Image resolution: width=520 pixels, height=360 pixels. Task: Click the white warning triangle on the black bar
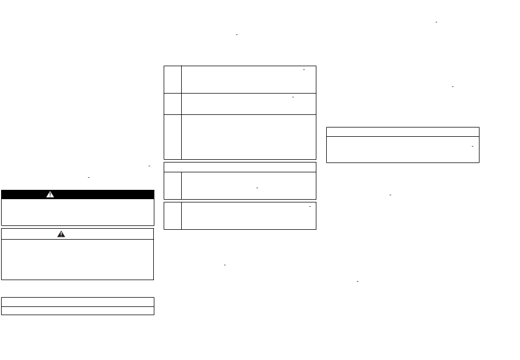(x=50, y=194)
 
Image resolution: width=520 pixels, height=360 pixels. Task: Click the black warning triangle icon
(x=61, y=234)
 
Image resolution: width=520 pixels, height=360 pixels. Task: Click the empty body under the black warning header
(x=77, y=212)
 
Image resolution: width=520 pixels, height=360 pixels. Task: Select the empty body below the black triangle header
(x=77, y=259)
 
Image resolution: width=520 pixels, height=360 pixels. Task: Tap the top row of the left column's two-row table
(x=77, y=301)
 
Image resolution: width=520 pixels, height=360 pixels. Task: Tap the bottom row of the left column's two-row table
(x=77, y=310)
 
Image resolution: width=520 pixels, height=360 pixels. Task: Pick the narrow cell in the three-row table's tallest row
(x=172, y=137)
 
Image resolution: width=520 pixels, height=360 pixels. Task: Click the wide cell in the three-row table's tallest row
(x=249, y=137)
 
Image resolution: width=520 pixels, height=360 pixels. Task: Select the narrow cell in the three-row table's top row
(x=172, y=79)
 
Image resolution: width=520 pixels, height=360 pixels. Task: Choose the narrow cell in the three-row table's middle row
(x=172, y=103)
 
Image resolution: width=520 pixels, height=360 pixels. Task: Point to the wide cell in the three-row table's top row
(x=249, y=79)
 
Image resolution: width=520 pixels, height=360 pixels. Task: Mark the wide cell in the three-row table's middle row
(x=249, y=103)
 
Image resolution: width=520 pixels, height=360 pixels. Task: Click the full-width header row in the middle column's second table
(x=240, y=167)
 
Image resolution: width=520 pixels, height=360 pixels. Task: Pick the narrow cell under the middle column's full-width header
(x=172, y=185)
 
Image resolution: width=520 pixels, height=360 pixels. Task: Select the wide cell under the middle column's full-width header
(x=249, y=185)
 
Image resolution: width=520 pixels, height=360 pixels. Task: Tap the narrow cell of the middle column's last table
(x=172, y=216)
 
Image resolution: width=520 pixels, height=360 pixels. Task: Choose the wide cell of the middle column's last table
(x=249, y=216)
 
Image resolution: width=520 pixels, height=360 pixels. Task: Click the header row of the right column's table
(x=402, y=132)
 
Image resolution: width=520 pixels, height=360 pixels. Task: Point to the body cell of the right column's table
(x=402, y=149)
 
